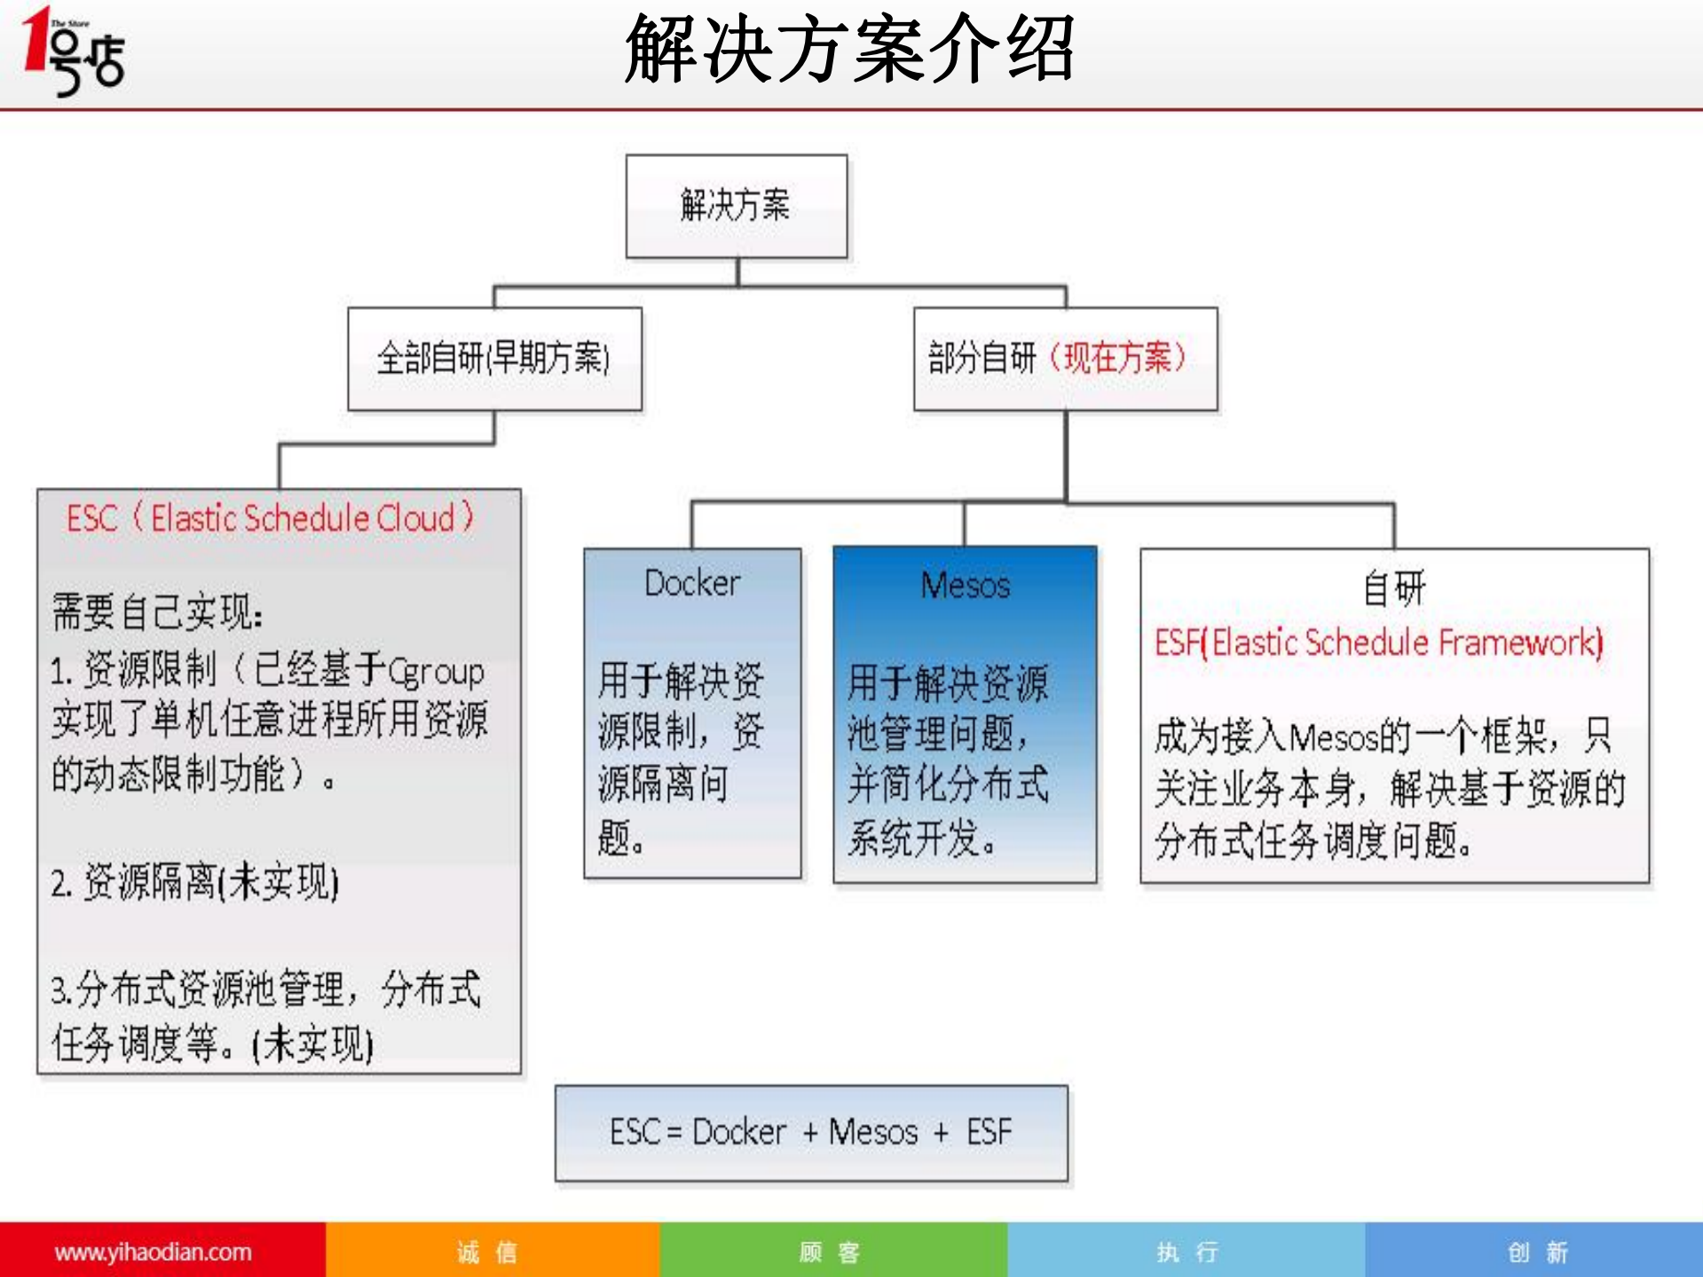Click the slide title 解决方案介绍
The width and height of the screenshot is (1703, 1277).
849,50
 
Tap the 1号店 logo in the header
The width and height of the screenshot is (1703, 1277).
75,51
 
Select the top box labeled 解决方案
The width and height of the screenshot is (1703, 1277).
736,206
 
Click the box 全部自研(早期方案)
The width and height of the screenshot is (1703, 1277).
494,359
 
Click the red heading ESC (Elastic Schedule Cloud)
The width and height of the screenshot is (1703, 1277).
271,518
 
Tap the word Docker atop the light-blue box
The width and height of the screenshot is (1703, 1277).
692,583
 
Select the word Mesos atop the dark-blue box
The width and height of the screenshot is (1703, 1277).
965,586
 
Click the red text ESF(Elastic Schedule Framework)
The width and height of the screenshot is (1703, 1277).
1378,642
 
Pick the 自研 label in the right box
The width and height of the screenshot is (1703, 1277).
1394,587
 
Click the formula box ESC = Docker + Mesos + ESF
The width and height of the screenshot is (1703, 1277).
811,1132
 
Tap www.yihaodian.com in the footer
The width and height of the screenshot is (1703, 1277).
153,1251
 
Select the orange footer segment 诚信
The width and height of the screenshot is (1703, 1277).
487,1251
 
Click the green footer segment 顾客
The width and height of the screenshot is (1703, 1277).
830,1251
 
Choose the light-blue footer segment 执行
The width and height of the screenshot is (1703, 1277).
1187,1251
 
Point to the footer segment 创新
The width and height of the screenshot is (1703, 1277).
1537,1251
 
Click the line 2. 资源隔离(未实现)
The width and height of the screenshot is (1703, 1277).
195,883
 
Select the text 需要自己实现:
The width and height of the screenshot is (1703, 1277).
157,612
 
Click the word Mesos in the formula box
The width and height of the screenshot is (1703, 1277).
873,1132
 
